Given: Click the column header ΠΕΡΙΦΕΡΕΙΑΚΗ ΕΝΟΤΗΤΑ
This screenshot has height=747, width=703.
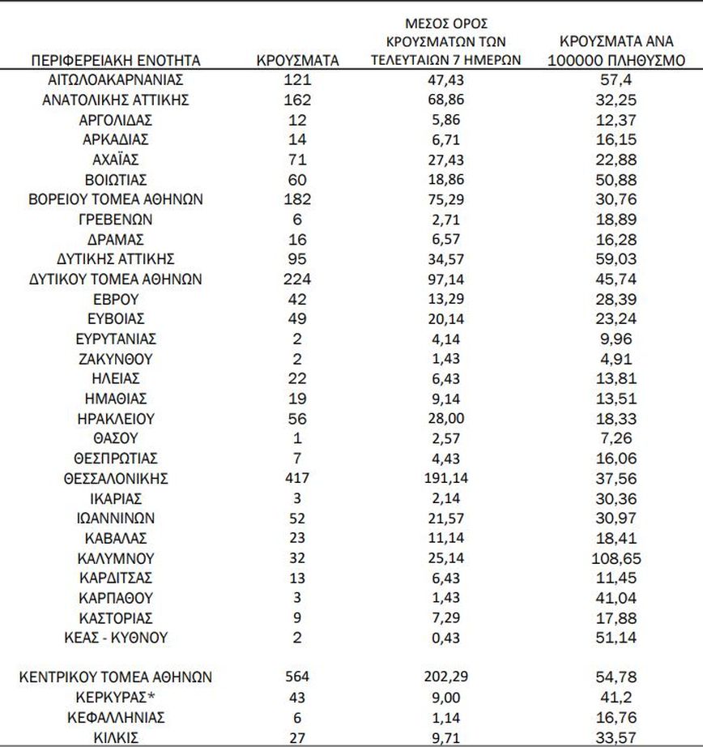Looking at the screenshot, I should (116, 61).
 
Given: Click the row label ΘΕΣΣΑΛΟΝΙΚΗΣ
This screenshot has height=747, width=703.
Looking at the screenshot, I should (115, 478).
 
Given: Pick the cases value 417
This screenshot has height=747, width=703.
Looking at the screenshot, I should (297, 478).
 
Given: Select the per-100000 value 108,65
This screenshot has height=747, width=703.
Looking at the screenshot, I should (622, 558).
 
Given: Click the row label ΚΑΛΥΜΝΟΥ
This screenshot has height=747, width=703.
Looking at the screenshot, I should (115, 558).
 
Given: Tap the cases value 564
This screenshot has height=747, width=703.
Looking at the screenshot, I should (297, 677).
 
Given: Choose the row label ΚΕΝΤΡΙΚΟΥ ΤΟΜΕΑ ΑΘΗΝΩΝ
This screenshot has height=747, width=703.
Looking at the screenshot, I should (115, 677).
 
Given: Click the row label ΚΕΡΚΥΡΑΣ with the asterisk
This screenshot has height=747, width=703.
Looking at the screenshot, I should (115, 697).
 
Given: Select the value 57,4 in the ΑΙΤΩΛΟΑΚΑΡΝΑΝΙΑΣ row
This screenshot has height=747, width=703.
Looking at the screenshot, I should (622, 80).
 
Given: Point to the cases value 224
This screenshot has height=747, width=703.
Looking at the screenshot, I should (297, 279).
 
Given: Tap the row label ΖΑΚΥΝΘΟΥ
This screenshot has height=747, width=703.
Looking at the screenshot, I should (115, 358).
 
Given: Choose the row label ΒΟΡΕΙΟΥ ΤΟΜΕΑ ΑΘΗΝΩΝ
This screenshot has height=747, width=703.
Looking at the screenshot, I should (115, 199).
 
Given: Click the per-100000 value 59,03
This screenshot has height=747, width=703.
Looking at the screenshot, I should (622, 259).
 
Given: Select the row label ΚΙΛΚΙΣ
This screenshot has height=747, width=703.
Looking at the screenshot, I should (115, 737).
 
